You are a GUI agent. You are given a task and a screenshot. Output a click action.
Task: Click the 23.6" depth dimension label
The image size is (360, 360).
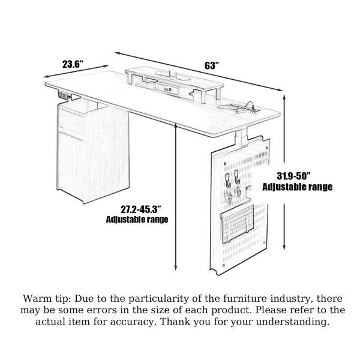[x=73, y=64]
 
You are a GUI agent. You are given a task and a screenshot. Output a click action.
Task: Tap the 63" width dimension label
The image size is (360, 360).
[x=212, y=65]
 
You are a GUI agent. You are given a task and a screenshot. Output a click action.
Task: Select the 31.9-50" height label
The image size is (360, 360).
[x=293, y=176]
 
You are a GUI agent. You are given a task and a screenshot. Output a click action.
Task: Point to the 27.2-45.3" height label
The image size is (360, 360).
[x=140, y=209]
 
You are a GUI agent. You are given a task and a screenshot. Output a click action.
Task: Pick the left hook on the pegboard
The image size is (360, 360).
[x=227, y=181]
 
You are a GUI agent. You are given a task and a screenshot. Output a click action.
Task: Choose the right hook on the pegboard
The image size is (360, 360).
[x=237, y=177]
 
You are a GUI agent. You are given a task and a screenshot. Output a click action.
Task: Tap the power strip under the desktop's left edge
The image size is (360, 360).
[x=65, y=95]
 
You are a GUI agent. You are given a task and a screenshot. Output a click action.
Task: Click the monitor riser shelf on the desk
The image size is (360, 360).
[x=175, y=83]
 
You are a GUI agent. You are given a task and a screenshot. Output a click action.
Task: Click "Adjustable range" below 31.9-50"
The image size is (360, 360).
[x=298, y=187]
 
